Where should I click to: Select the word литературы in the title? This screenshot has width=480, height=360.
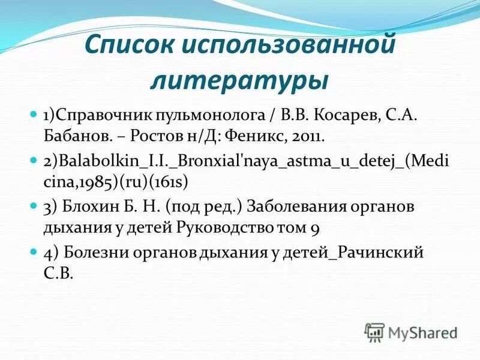pyautogui.click(x=239, y=80)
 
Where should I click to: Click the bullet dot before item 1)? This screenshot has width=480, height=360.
pyautogui.click(x=34, y=113)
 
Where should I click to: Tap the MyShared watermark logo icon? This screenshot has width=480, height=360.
pyautogui.click(x=375, y=332)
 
